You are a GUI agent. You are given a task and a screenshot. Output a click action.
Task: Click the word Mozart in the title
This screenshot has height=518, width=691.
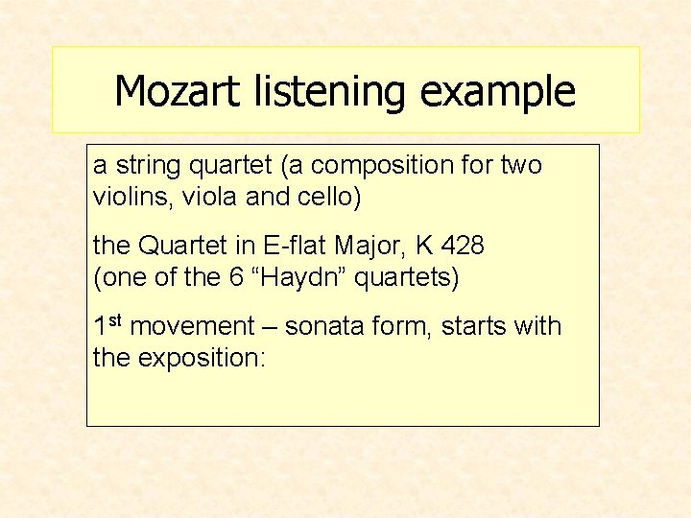coord(178,92)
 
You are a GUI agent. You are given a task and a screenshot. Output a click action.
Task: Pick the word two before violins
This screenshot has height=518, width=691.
coord(521,166)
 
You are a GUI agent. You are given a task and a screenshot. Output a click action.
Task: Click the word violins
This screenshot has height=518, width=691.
coord(125,198)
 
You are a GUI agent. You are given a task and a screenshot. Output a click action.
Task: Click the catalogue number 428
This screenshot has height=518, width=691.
coord(465,247)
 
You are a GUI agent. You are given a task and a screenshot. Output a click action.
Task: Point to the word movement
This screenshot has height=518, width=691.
coord(190,327)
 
